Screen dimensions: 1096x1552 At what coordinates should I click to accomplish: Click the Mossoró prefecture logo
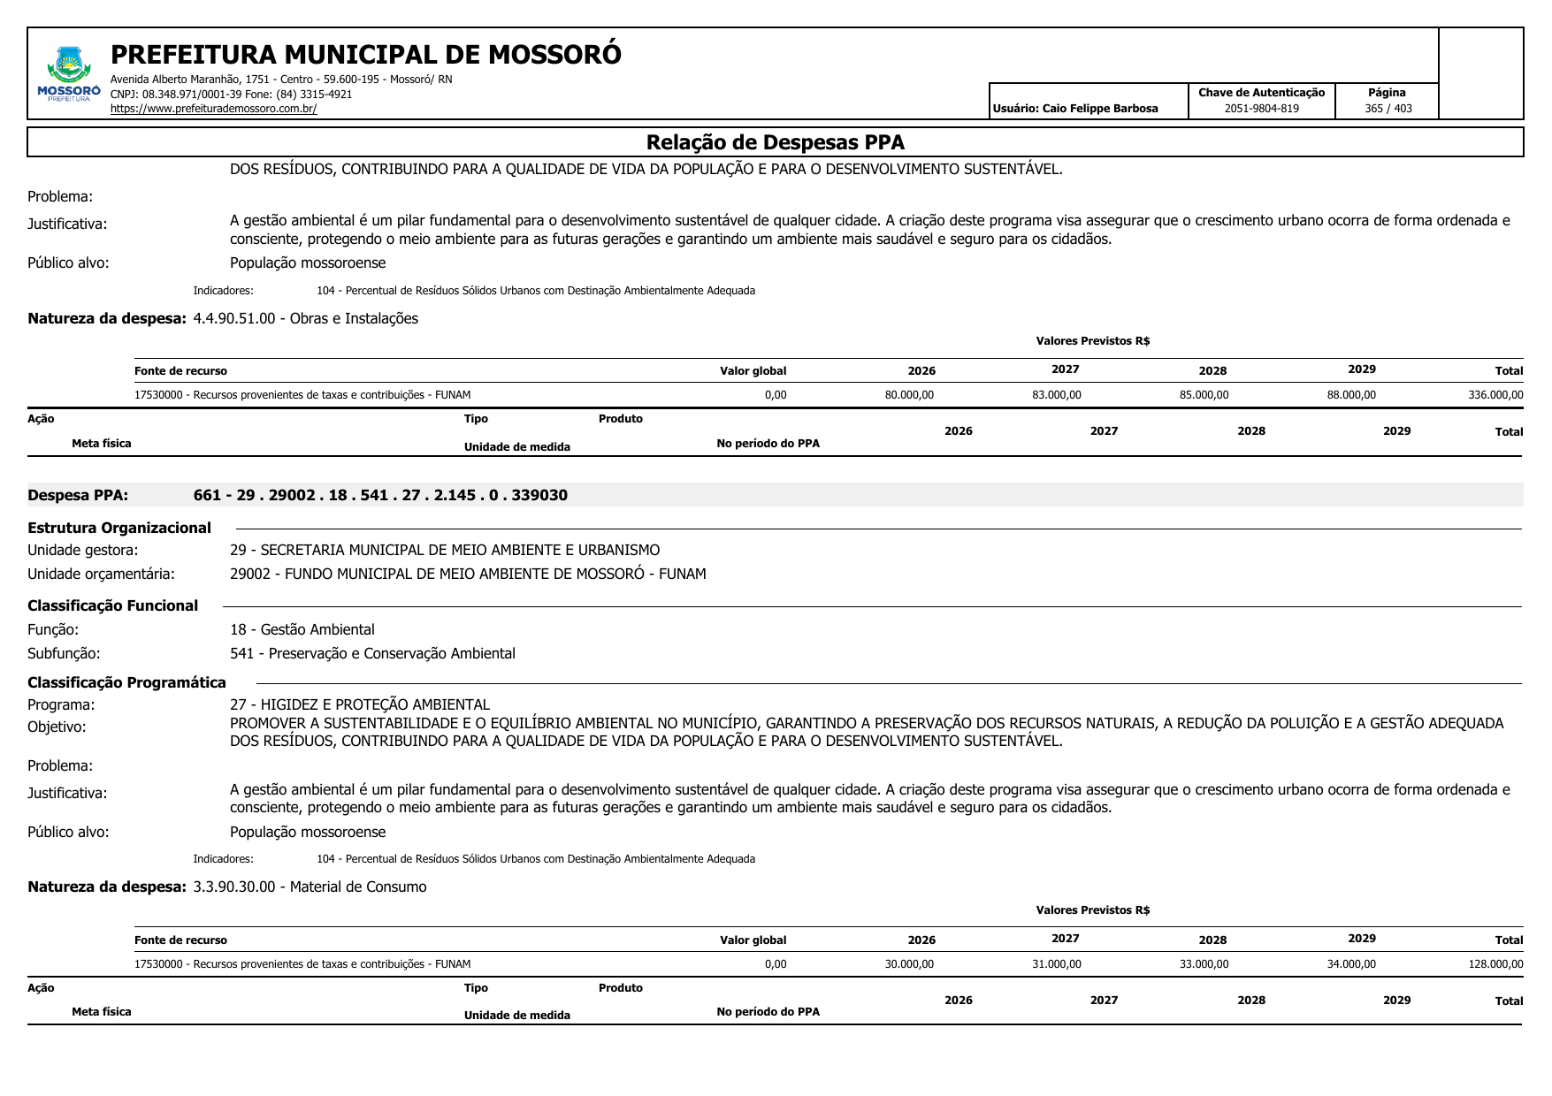click(x=69, y=74)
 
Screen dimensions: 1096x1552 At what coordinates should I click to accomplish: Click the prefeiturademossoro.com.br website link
click(x=213, y=109)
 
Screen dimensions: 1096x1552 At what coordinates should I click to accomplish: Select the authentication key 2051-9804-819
click(x=1261, y=109)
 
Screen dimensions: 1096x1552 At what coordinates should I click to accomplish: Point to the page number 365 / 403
click(x=1388, y=109)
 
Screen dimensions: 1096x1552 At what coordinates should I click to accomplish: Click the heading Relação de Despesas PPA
click(x=775, y=142)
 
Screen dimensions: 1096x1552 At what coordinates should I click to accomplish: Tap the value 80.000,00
click(x=909, y=395)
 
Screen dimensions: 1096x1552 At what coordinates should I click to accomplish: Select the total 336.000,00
click(x=1495, y=395)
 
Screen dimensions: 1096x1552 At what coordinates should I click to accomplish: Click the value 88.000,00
click(x=1351, y=395)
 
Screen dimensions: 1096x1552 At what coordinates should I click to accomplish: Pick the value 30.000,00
click(x=909, y=964)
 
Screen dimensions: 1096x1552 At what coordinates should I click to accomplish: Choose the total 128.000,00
click(x=1495, y=964)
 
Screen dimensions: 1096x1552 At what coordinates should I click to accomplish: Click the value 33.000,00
click(x=1204, y=964)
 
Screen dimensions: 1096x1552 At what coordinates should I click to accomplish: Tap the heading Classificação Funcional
click(x=112, y=605)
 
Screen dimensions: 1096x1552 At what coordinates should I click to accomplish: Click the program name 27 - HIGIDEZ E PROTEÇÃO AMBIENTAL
click(x=359, y=704)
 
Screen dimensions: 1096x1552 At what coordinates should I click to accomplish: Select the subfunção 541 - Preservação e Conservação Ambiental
click(x=372, y=653)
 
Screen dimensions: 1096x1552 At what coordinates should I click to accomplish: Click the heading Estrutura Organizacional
click(x=119, y=528)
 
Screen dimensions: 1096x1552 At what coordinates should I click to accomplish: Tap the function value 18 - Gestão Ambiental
click(x=302, y=629)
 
